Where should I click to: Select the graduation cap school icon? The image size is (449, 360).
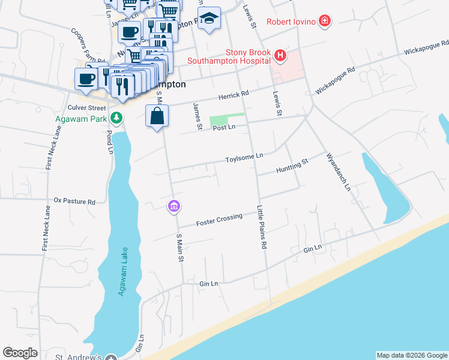point(209,19)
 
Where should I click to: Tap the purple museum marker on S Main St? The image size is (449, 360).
point(174,206)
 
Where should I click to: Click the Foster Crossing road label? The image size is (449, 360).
point(219,220)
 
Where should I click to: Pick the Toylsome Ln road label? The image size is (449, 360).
point(244,157)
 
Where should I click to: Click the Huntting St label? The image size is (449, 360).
point(292,166)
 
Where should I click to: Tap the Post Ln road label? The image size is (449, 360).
point(222,128)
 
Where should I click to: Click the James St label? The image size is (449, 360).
point(196,116)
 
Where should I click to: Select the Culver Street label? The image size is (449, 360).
point(87,107)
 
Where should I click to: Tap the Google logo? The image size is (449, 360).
point(20,353)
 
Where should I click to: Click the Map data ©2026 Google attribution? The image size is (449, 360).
point(411,355)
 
